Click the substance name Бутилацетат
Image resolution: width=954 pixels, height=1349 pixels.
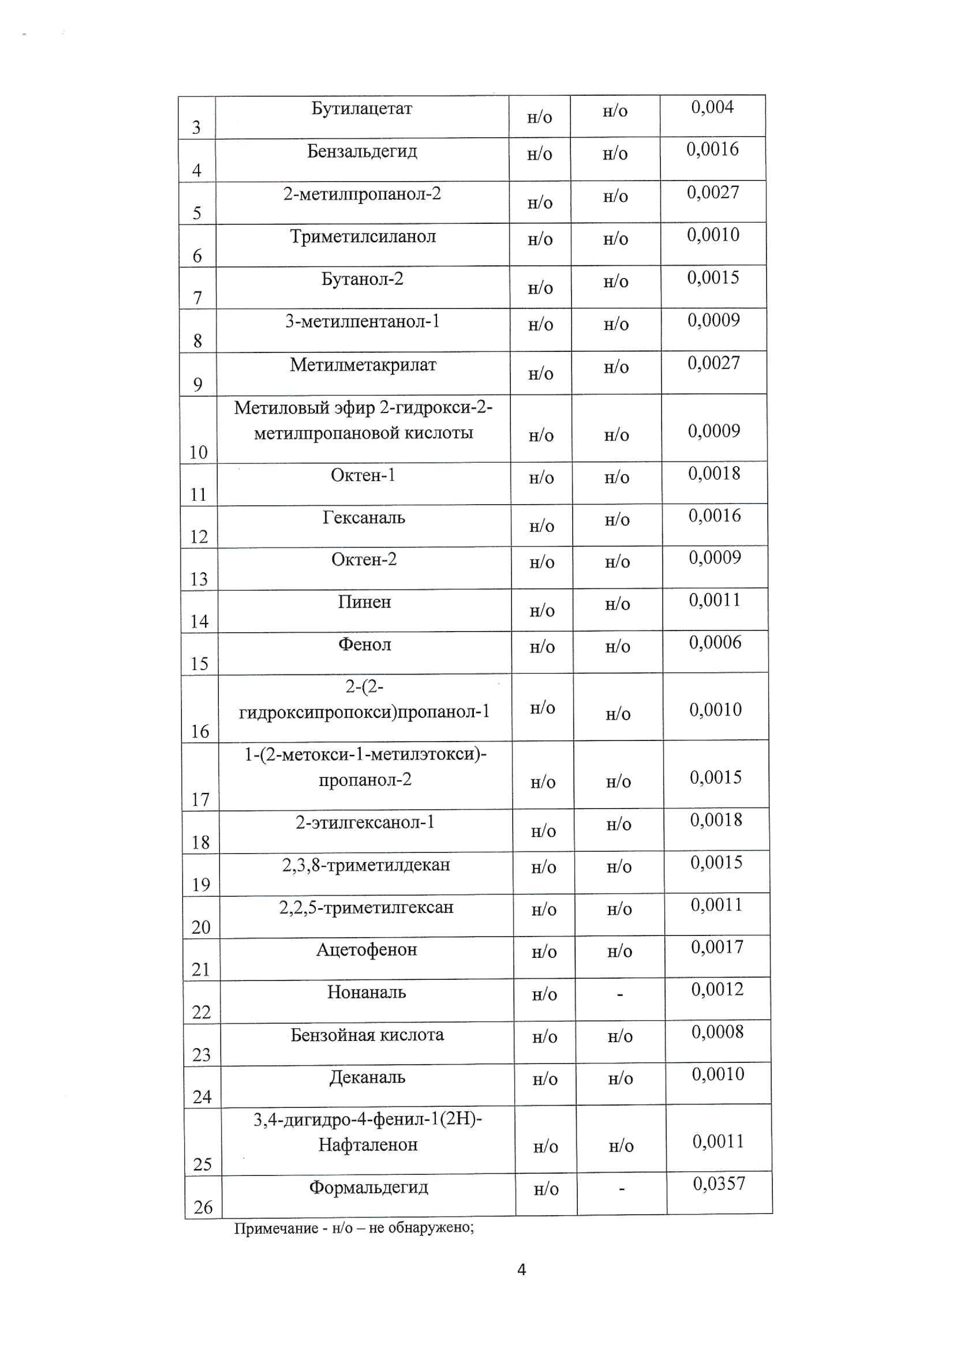(x=361, y=109)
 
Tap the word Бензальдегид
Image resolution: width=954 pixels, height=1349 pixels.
(x=362, y=152)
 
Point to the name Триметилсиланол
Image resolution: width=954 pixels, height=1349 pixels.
(x=363, y=237)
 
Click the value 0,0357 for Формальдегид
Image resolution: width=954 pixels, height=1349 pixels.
(x=718, y=1183)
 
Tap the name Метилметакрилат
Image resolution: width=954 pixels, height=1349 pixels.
(x=363, y=365)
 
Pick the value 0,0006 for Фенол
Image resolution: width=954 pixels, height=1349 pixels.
(x=715, y=642)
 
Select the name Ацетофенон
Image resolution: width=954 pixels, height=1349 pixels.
(x=366, y=950)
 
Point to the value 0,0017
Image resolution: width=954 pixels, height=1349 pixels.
(x=716, y=947)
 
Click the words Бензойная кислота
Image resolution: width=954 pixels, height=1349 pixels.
(x=367, y=1035)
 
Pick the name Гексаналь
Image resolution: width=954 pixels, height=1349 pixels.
(x=364, y=518)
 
